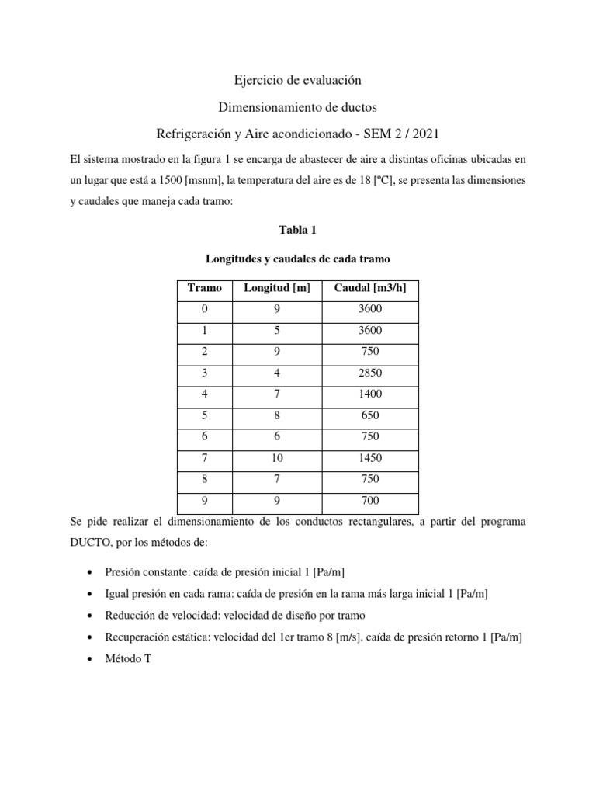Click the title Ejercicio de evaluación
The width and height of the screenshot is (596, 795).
tap(298, 80)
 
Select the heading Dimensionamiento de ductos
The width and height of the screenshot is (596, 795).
tap(298, 106)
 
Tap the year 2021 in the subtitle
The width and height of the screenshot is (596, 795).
tap(432, 133)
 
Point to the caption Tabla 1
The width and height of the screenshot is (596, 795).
tap(298, 231)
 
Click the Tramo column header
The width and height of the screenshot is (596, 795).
tap(205, 288)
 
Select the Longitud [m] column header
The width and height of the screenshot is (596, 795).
tap(276, 288)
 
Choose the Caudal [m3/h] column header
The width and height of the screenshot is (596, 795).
tap(370, 288)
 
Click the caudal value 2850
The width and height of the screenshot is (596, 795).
tap(370, 373)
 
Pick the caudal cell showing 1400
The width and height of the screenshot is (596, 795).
tap(370, 394)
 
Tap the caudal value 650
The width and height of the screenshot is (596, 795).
tap(370, 415)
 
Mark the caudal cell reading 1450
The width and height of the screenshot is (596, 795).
tap(370, 457)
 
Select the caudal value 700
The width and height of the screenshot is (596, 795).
tap(370, 500)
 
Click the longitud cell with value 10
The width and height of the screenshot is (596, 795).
tap(276, 457)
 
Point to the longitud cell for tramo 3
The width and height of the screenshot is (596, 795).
tap(276, 373)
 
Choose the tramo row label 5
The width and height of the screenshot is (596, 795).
tap(205, 415)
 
